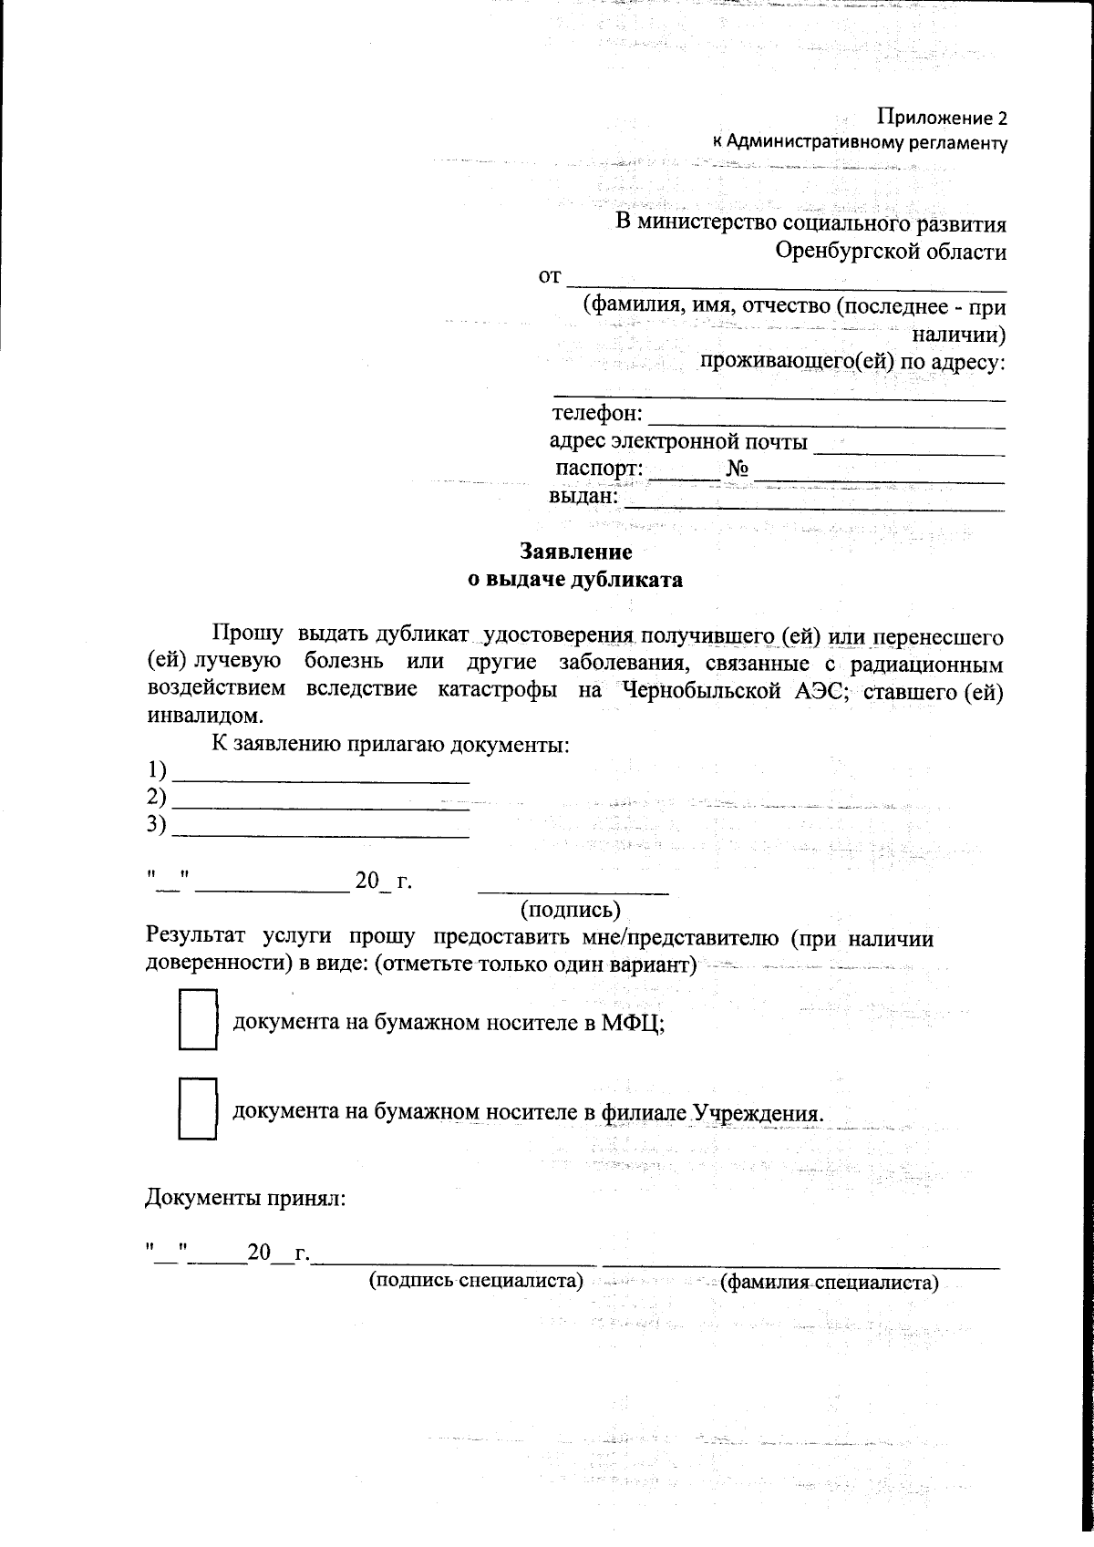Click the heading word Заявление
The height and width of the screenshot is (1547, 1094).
575,552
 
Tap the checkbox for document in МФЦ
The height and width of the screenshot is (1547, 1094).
198,1020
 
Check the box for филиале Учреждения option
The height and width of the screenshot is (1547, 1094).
198,1109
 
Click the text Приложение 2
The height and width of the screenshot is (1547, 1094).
942,118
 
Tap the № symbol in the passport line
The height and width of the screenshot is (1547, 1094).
738,469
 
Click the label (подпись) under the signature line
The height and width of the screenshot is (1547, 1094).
571,909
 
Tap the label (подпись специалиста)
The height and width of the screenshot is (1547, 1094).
475,1280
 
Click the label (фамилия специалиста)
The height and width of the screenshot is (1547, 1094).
829,1284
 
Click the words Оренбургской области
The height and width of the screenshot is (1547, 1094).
891,251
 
